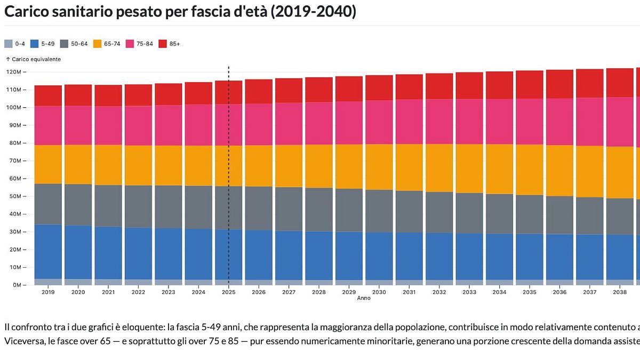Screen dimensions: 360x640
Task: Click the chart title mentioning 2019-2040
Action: (x=180, y=12)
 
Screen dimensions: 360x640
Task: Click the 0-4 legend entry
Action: (x=16, y=44)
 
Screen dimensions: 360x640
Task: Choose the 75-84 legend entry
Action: (x=140, y=44)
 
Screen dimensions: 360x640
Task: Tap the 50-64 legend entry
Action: (x=75, y=44)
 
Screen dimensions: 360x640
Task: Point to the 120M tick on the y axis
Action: (x=13, y=71)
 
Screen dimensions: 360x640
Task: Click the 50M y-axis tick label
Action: (x=14, y=196)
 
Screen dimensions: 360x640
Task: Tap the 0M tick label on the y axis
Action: (x=16, y=285)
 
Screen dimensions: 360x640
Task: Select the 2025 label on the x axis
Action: (x=229, y=292)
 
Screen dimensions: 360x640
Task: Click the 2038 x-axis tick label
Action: (x=620, y=292)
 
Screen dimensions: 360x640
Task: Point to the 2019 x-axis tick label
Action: (x=48, y=292)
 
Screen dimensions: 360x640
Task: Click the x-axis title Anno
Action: (x=364, y=298)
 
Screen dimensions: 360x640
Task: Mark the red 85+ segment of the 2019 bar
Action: (x=48, y=95)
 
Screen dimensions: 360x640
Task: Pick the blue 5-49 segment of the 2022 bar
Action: (x=138, y=253)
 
